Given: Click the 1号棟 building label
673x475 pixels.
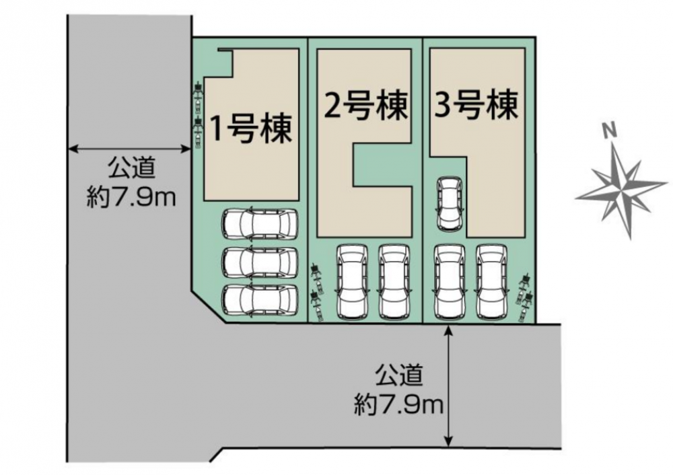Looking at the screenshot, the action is pos(250,129).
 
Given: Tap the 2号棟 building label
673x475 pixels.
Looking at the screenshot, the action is pos(365,106).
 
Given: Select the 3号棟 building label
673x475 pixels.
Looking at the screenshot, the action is pos(476,105).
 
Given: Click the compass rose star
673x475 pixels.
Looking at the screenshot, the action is pos(621,190).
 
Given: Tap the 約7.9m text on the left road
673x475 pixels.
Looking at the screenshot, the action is pos(131,198).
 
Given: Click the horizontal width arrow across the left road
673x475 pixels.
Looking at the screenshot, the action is pos(129,149).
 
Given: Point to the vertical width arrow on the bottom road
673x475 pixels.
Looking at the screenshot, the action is pos(448,386).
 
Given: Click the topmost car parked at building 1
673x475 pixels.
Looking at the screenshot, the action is pos(260,223).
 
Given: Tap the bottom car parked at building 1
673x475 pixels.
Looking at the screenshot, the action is pos(260,301).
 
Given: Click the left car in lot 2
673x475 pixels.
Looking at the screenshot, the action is pos(352,283).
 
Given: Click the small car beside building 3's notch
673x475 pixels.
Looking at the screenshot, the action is pos(449,205).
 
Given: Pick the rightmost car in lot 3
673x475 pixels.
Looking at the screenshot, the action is pos(492,283).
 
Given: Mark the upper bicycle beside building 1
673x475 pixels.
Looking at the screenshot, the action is pos(198,96).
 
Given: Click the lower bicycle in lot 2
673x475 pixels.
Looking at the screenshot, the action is pos(317,306).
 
